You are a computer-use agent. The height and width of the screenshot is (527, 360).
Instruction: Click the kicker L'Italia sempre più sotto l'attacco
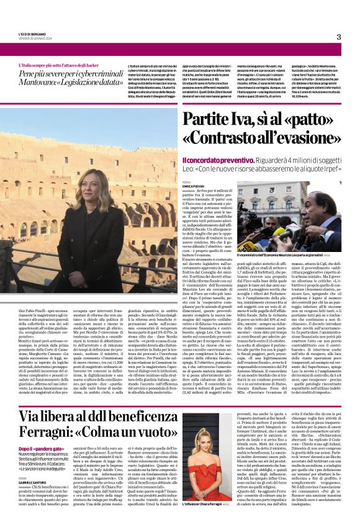pyautogui.click(x=62, y=65)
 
